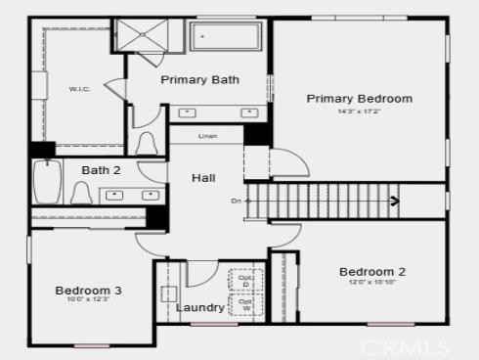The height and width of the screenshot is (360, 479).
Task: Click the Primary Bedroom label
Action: click(x=359, y=98)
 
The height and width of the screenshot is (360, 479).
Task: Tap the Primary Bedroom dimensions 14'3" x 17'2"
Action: click(x=359, y=111)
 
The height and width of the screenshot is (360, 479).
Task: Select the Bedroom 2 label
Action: click(x=371, y=272)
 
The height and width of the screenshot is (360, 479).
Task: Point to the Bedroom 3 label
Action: click(x=88, y=291)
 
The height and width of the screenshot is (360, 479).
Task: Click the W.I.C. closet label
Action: click(x=79, y=89)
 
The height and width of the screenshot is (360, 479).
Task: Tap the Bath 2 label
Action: click(x=101, y=170)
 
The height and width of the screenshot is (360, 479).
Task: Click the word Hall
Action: click(x=203, y=178)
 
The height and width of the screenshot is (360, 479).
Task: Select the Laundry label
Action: click(x=200, y=308)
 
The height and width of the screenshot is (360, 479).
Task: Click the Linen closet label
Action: click(x=207, y=136)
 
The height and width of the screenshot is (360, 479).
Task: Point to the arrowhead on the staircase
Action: click(x=394, y=202)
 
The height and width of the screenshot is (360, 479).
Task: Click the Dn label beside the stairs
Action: click(x=236, y=202)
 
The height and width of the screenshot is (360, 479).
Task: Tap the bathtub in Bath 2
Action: click(x=46, y=182)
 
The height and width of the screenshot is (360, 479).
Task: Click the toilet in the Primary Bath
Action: click(x=148, y=143)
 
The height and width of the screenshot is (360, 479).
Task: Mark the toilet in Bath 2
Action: click(x=82, y=193)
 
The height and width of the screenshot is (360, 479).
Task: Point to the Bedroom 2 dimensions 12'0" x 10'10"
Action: click(x=371, y=283)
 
